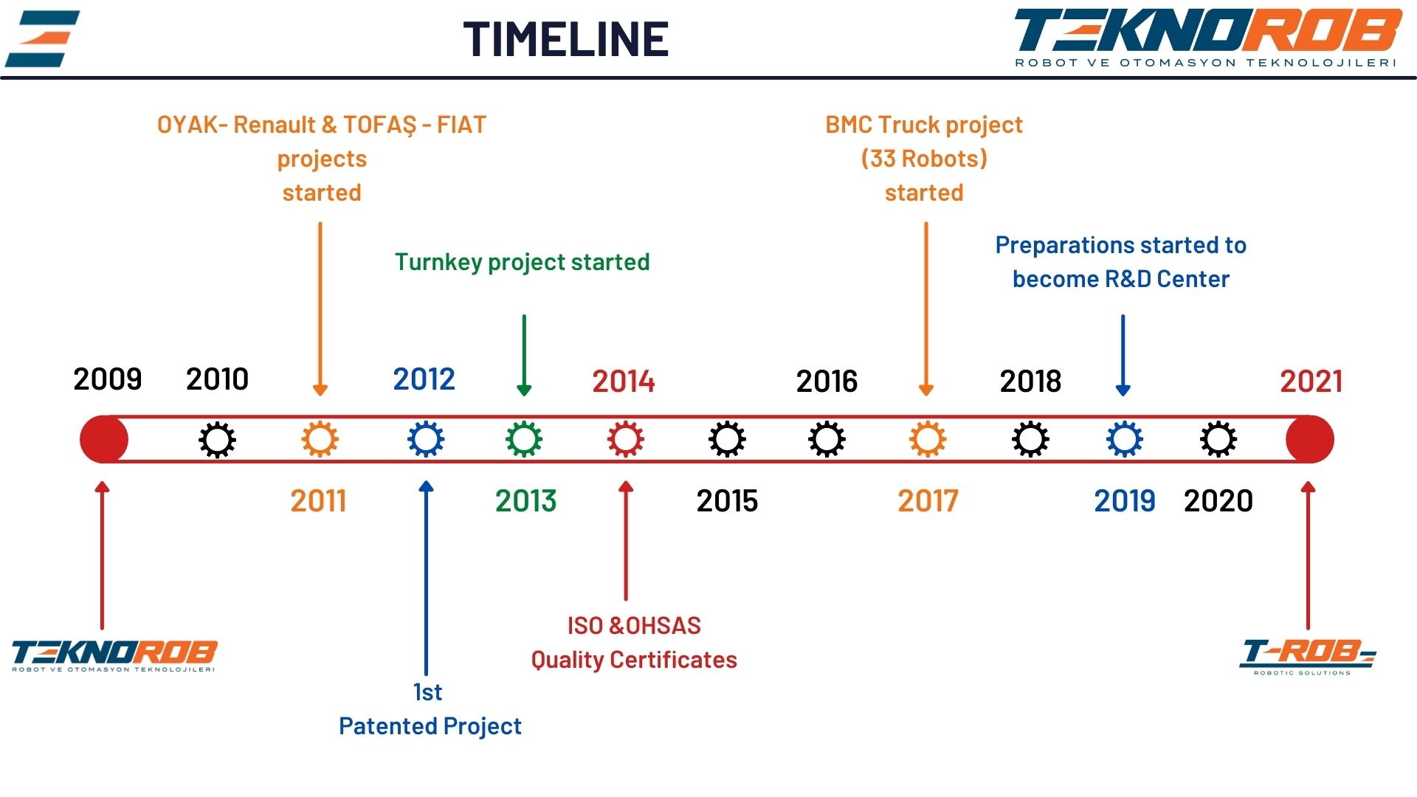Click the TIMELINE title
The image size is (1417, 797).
pyautogui.click(x=566, y=39)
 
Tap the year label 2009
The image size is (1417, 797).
pyautogui.click(x=108, y=379)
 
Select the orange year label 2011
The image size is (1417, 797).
pyautogui.click(x=318, y=501)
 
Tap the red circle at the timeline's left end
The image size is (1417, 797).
pyautogui.click(x=103, y=439)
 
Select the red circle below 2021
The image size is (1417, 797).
pyautogui.click(x=1310, y=439)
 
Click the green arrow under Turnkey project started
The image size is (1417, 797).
pyautogui.click(x=524, y=355)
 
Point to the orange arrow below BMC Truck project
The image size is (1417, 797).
pyautogui.click(x=926, y=309)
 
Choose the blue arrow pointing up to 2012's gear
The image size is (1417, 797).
pyautogui.click(x=426, y=578)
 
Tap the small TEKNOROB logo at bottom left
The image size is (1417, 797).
pyautogui.click(x=114, y=655)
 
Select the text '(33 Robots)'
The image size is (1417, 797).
pyautogui.click(x=924, y=159)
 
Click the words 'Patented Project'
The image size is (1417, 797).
pyautogui.click(x=430, y=726)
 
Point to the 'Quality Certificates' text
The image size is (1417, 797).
pyautogui.click(x=634, y=660)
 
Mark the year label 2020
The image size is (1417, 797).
pyautogui.click(x=1218, y=501)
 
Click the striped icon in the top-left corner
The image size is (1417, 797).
pyautogui.click(x=42, y=38)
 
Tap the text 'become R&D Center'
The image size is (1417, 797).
pyautogui.click(x=1121, y=279)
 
